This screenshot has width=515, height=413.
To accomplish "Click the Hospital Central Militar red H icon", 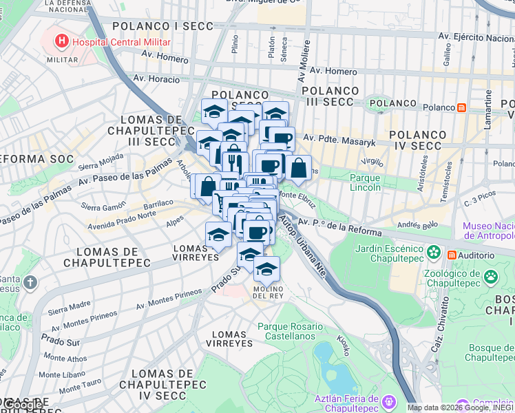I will tap(63, 41).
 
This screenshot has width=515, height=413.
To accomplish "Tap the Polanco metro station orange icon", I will tap(461, 107).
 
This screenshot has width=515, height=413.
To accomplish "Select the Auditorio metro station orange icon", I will tap(452, 255).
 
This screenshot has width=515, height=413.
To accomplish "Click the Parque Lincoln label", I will tap(365, 182).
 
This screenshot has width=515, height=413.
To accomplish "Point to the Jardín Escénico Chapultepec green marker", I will tap(434, 253).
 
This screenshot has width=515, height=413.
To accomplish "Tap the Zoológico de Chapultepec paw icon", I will tap(491, 277).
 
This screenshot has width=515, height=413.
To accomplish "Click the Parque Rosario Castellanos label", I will tap(290, 332).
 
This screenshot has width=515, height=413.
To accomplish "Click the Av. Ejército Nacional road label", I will tap(475, 37).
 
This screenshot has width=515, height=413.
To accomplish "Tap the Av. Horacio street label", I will tap(156, 79).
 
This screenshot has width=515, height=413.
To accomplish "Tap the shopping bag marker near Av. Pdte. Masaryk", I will tap(299, 167).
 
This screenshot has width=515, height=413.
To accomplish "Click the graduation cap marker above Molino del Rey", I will tap(266, 268).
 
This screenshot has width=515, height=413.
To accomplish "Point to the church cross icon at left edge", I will tap(30, 282).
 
